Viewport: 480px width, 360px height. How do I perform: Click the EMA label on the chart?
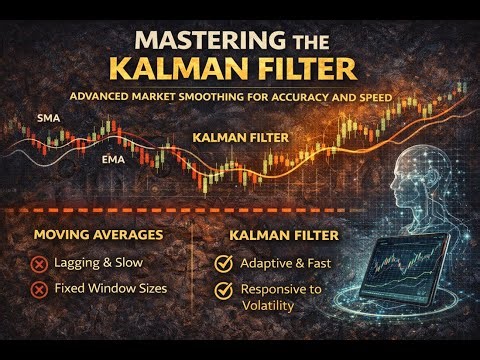pos(112,157)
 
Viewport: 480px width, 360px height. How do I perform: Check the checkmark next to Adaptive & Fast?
pos(225,264)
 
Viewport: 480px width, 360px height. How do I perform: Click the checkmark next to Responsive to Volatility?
pos(225,290)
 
